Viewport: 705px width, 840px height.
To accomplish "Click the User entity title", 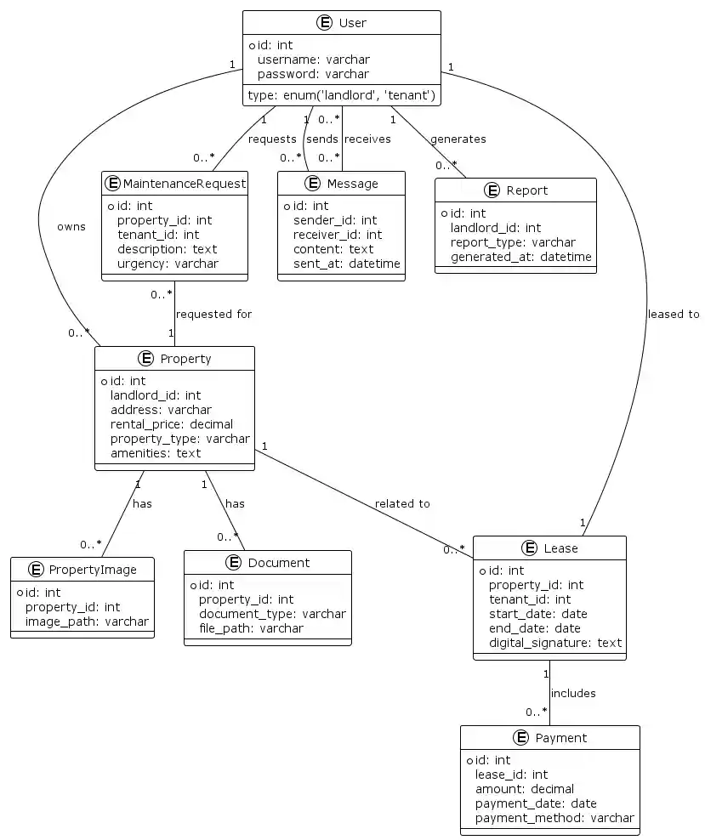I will [x=352, y=23].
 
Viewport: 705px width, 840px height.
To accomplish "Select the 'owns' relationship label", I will [x=71, y=227].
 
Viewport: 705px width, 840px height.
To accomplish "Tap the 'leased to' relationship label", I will [x=673, y=314].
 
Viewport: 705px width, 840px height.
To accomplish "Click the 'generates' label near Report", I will [x=458, y=139].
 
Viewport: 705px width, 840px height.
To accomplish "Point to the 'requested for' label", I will [x=213, y=314].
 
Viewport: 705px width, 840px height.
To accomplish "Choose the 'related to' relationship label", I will [x=401, y=503].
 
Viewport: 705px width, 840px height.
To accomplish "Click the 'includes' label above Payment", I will [x=572, y=693].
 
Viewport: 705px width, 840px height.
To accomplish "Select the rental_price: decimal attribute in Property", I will [x=171, y=424].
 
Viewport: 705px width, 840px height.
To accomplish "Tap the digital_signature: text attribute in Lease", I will [x=554, y=643].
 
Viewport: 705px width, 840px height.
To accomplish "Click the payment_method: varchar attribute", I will [x=554, y=818].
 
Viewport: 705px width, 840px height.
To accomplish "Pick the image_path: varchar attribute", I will [x=87, y=621].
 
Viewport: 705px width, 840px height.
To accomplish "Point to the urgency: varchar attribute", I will [x=168, y=264].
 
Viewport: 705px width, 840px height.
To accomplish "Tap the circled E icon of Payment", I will [x=521, y=738].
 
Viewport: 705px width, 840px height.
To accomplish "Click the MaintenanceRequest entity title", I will [x=185, y=183].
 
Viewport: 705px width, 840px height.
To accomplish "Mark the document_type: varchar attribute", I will [x=272, y=614].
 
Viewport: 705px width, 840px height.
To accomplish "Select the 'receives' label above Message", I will [x=367, y=139].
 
